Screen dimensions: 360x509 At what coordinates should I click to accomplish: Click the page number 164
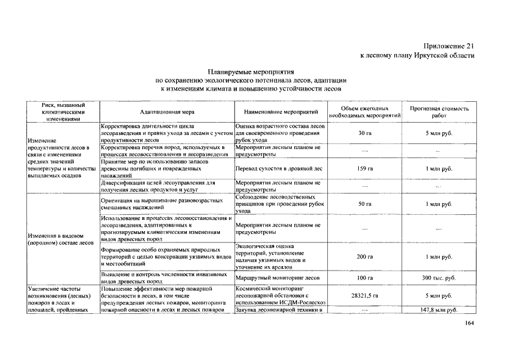click(470, 322)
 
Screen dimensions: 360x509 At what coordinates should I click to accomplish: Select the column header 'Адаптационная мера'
click(166, 112)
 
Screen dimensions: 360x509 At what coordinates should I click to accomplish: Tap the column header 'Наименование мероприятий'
click(277, 112)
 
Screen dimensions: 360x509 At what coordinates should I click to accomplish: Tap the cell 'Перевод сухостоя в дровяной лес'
click(278, 168)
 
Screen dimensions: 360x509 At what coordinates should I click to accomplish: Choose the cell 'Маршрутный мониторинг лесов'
click(278, 278)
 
